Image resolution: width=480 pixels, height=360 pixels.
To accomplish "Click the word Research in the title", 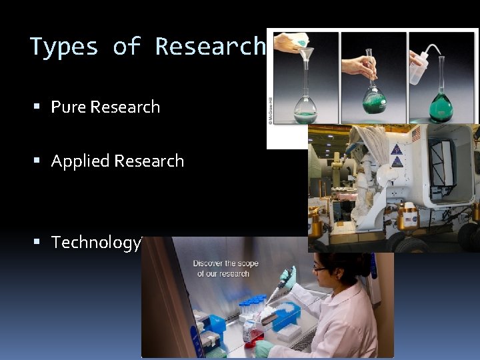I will (211, 47).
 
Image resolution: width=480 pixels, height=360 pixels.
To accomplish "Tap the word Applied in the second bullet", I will (81, 161).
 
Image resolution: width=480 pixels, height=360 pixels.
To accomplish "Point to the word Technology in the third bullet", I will (96, 242).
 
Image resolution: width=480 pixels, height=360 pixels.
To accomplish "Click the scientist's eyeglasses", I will (321, 268).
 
